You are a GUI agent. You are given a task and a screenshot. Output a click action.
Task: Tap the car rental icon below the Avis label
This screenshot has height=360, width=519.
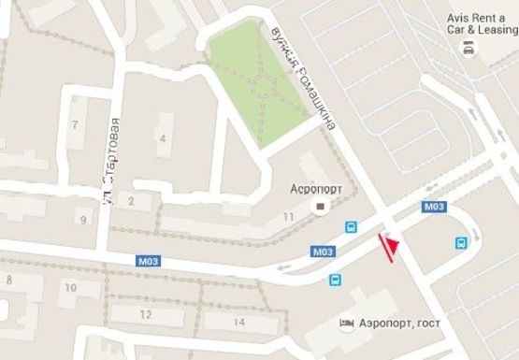(x=467, y=49)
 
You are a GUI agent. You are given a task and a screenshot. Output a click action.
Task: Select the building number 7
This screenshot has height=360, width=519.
(x=74, y=124)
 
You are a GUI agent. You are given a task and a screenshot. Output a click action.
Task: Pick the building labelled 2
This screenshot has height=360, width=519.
(x=132, y=200)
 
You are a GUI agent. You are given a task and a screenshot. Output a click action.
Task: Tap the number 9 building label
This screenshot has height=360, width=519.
(x=83, y=221)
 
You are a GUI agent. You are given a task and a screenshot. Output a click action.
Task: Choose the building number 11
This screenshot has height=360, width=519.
(x=288, y=217)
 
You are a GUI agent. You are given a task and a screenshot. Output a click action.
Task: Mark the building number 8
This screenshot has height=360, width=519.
(x=9, y=280)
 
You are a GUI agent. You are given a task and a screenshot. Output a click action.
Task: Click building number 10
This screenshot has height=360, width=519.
(x=69, y=289)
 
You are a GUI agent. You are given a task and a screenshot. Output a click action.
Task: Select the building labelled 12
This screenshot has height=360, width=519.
(x=145, y=313)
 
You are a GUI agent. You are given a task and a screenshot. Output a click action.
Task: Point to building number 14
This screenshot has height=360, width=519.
(x=238, y=322)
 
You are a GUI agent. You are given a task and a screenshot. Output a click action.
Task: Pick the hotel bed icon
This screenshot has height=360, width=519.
(x=346, y=324)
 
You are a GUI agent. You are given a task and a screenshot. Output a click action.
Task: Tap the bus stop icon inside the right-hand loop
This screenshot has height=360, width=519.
(x=461, y=242)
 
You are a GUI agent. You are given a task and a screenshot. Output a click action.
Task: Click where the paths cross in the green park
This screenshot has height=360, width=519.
(x=261, y=82)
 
